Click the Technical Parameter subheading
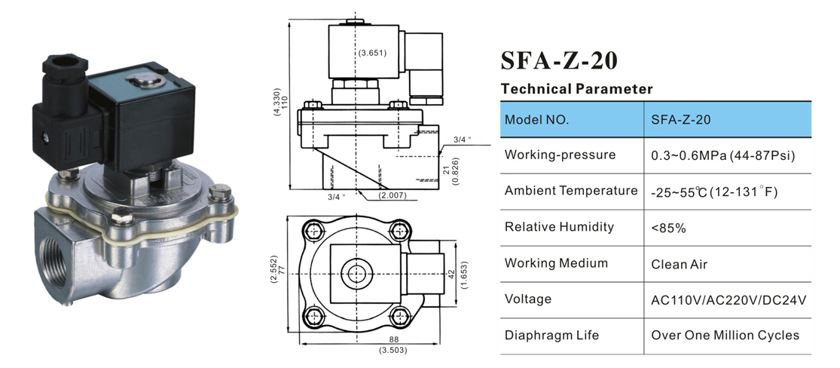(576, 89)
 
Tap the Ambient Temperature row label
(571, 191)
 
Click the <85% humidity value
(668, 227)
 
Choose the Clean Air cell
(680, 264)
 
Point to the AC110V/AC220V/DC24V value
(729, 299)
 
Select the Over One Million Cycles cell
(725, 336)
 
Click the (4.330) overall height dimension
(277, 105)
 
